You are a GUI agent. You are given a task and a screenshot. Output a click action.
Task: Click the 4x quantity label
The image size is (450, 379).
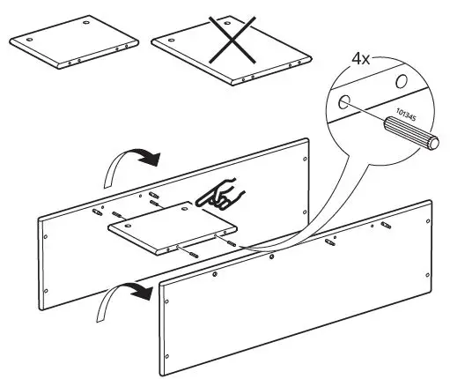coord(361,61)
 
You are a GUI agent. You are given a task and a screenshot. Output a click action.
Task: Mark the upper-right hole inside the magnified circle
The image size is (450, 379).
coord(401,83)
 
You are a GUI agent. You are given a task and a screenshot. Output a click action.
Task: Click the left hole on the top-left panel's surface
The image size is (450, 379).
coord(30,39)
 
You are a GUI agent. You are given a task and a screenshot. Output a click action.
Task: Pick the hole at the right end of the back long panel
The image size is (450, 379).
coord(305,160)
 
